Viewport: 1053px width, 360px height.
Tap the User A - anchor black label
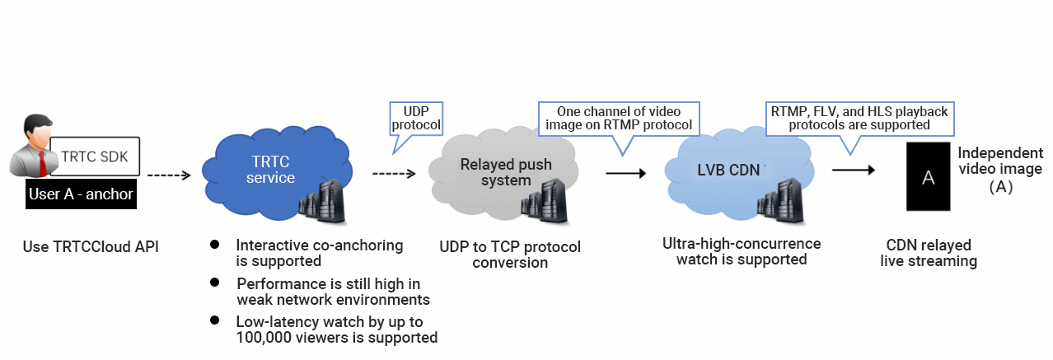tap(80, 195)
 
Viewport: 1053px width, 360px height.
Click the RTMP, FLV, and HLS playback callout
tap(859, 119)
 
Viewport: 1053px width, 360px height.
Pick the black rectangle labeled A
tap(928, 177)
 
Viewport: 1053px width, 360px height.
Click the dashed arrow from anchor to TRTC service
tap(169, 175)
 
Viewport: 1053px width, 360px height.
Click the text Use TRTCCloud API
tap(91, 245)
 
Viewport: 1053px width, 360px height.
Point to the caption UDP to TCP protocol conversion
tap(510, 255)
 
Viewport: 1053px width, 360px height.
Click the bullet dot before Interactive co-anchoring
tap(215, 245)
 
